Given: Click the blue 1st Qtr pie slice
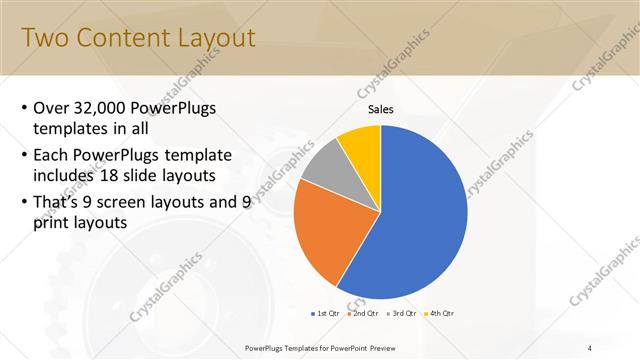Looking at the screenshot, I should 420,220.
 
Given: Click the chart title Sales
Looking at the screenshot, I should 381,109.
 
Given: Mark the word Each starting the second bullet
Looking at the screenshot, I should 53,155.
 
